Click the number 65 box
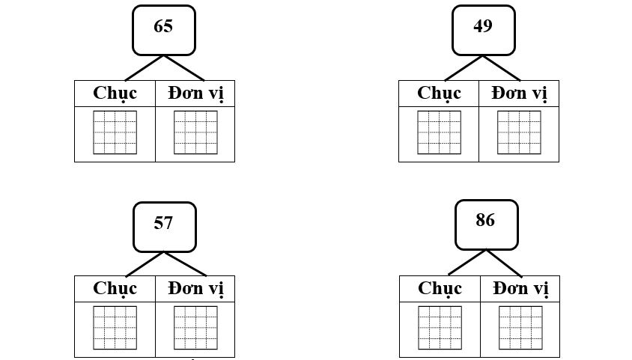coord(164,30)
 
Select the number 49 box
coord(484,30)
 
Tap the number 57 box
coord(165,227)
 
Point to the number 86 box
coord(487,225)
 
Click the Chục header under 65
coord(115,94)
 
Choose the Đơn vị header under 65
coord(195,94)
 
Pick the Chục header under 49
coord(439,94)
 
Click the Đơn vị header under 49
coord(519,94)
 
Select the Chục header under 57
coord(115,289)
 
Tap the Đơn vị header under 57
coord(195,289)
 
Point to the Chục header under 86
coord(440,289)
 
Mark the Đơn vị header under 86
coord(520,289)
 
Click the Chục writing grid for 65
coord(115,132)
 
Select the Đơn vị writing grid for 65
coord(195,132)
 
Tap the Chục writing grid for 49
coord(439,132)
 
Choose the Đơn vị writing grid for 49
coord(519,132)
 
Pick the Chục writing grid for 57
coord(115,328)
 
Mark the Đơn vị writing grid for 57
coord(195,328)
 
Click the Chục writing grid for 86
coord(440,328)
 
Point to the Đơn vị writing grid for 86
coord(520,328)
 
